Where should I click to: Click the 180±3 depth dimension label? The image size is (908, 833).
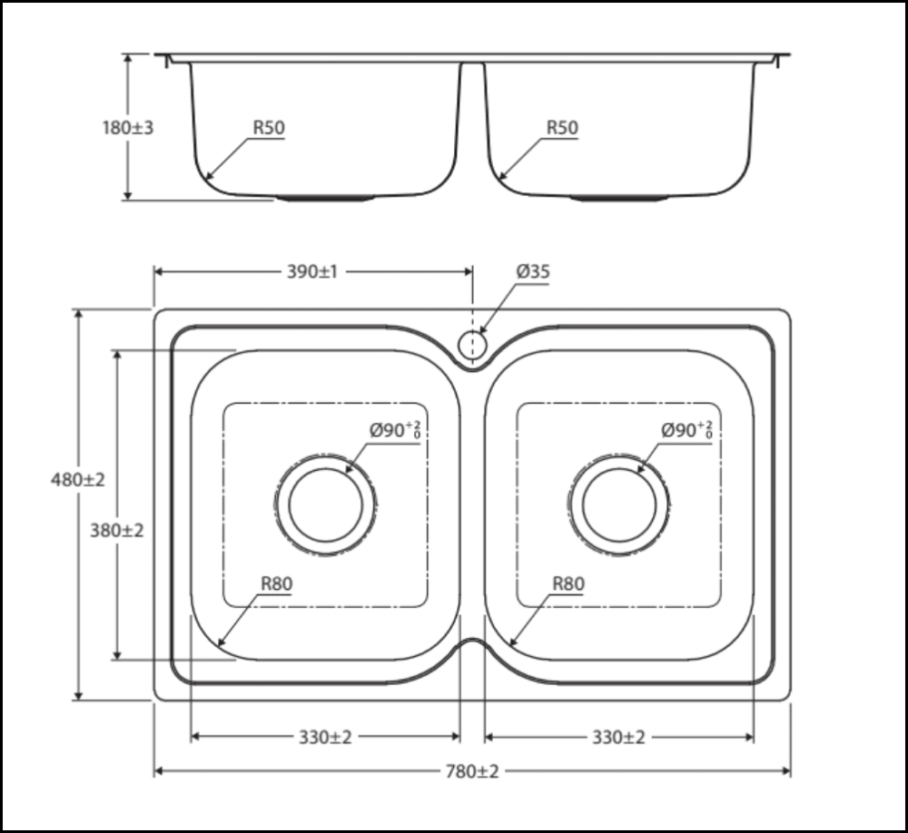(127, 128)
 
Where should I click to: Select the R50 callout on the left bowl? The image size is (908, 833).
(268, 129)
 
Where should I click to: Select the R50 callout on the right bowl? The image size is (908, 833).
(561, 129)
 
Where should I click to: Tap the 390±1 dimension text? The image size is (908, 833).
(312, 271)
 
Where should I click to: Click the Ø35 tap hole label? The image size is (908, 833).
(533, 271)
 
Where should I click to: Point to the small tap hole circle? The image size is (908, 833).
(472, 345)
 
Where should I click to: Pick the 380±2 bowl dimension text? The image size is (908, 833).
(117, 531)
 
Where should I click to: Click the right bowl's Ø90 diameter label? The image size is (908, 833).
(686, 430)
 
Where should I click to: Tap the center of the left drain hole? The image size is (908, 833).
(325, 505)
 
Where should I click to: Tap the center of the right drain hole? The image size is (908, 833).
(619, 505)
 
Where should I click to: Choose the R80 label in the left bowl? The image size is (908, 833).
(276, 584)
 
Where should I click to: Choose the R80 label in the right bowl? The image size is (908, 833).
(568, 584)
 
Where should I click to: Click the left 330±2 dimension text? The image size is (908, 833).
(325, 737)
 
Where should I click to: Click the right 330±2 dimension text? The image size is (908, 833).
(618, 737)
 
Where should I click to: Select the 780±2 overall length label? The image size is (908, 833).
(472, 771)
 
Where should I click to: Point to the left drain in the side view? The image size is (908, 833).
(325, 197)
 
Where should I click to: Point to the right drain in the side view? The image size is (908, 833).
(619, 197)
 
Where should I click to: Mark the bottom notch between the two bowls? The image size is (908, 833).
(472, 646)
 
